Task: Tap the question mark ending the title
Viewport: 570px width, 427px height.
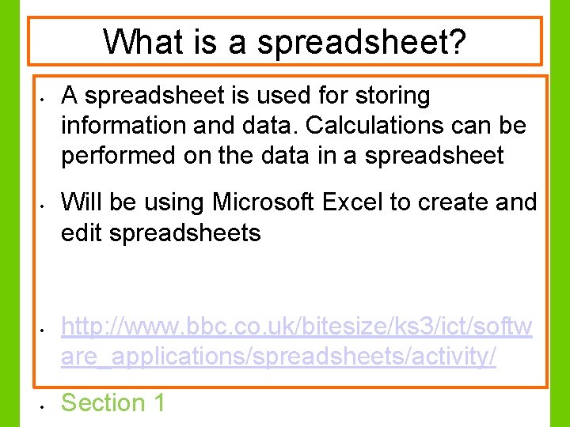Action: (458, 41)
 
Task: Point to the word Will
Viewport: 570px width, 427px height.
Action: (82, 202)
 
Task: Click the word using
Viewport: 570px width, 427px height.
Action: (173, 202)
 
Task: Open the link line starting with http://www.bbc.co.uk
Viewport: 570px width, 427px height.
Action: (297, 327)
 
